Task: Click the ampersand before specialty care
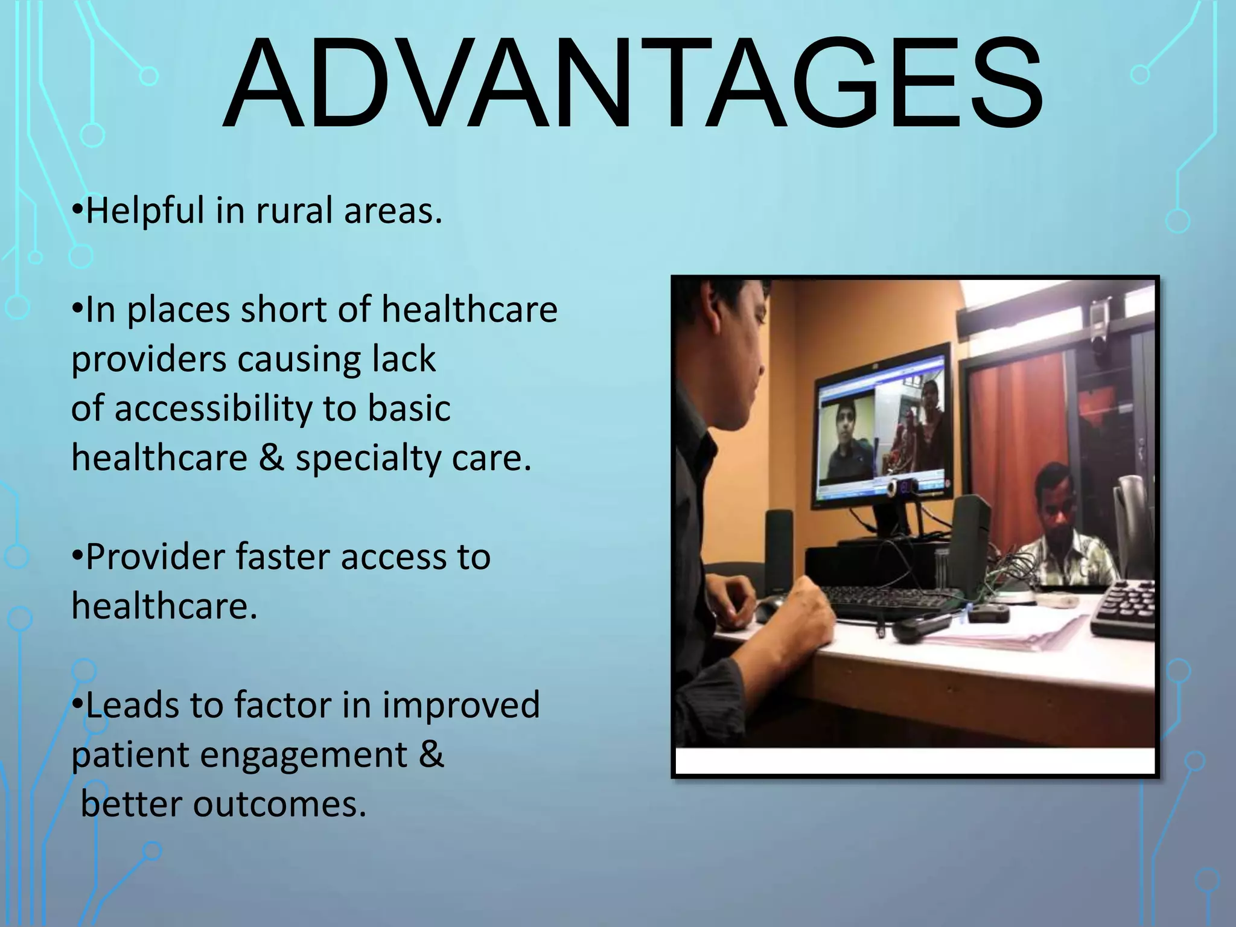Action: click(x=271, y=457)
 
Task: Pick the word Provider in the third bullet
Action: click(x=154, y=556)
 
